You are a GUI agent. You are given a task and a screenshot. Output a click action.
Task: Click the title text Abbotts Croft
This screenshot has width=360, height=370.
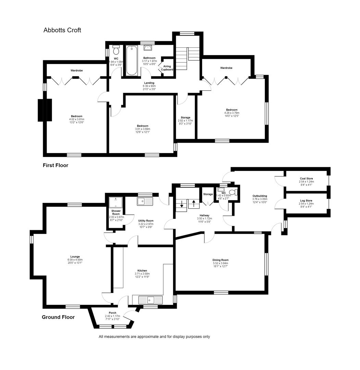tap(62, 30)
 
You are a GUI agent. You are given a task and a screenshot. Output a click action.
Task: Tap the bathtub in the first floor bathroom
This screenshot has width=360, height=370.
tap(132, 61)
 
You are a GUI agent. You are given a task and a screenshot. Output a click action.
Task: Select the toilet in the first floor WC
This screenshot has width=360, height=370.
tap(116, 50)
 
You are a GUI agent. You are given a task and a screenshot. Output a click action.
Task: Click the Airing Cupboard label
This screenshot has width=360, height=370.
tap(167, 68)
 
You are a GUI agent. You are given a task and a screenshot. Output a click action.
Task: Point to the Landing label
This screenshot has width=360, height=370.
tap(149, 83)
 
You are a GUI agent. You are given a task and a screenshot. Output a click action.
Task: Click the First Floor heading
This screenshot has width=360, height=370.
tap(55, 165)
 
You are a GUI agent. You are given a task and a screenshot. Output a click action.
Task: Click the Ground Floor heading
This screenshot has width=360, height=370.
tap(58, 317)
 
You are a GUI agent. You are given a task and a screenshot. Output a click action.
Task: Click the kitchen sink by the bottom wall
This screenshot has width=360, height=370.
tap(150, 300)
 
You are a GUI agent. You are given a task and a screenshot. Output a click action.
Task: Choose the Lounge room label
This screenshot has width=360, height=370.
tap(75, 257)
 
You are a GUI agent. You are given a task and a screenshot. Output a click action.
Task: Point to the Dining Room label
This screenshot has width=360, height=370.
tap(220, 260)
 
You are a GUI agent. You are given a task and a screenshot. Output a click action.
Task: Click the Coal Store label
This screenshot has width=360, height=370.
tap(306, 178)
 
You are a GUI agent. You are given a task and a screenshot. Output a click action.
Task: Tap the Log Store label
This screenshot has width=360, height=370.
tap(306, 201)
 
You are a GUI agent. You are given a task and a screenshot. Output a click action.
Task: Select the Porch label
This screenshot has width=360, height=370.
tap(112, 313)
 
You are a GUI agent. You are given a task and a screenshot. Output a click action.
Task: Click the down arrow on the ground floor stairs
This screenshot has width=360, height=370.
tap(182, 206)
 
